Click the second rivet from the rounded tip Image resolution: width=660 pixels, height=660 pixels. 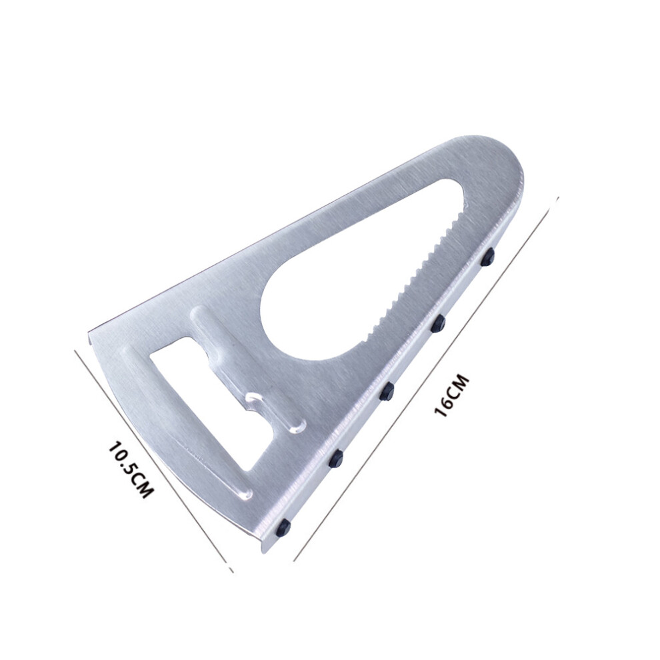coord(439,323)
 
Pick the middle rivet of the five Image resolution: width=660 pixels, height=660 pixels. coord(387,391)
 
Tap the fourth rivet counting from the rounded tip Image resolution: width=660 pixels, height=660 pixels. coord(336,458)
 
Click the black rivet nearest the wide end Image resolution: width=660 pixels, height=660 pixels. coord(284,526)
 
